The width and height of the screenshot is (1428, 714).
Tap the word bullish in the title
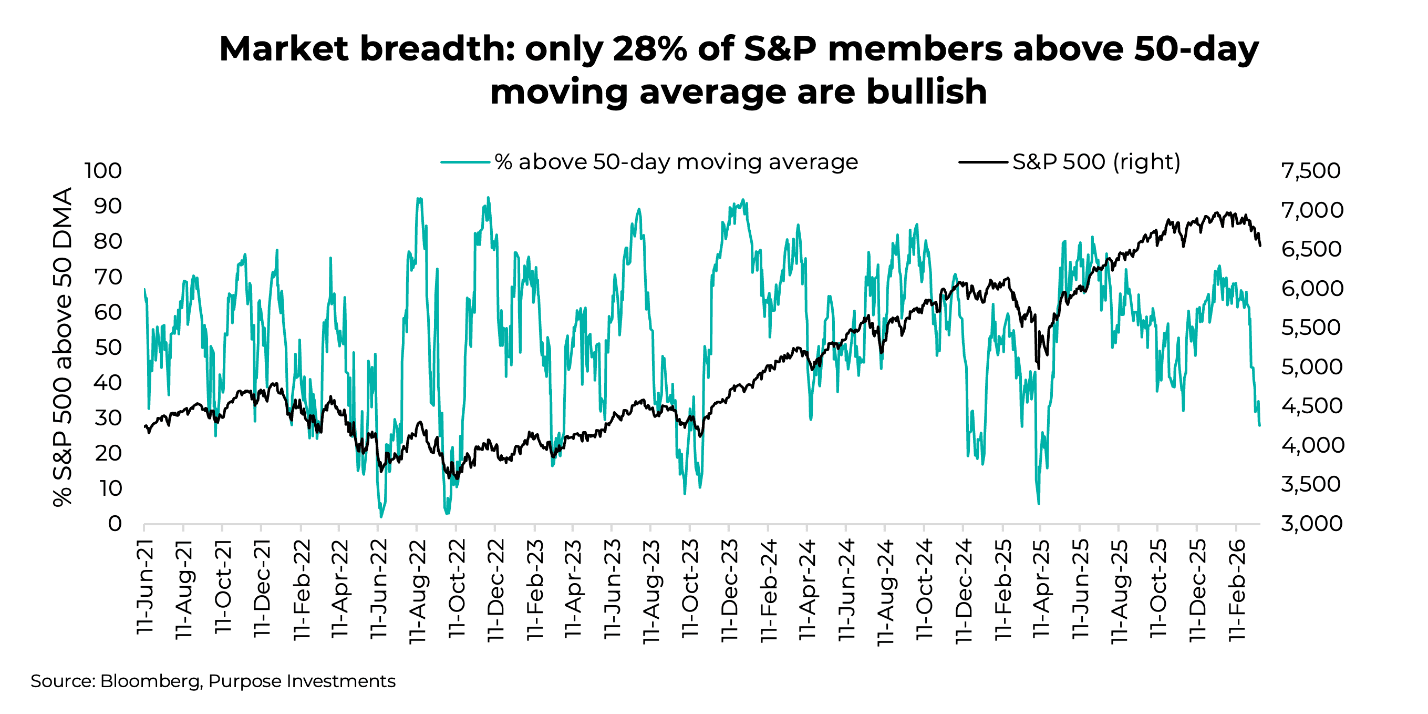point(926,91)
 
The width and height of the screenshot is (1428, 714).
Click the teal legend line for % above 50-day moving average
point(464,162)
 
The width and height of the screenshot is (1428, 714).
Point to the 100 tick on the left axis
point(103,171)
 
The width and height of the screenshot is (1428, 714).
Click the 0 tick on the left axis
point(115,523)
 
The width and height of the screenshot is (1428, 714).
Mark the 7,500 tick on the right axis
point(1310,171)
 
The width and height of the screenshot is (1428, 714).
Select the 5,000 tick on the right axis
point(1311,366)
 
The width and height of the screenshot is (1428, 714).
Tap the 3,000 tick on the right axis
point(1311,523)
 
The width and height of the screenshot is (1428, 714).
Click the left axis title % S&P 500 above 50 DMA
point(63,346)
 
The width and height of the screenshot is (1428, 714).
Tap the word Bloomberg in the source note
point(151,681)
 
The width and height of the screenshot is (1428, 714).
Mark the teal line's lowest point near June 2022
point(381,516)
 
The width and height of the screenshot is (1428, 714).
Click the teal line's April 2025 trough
point(1038,503)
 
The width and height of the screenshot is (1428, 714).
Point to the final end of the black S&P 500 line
point(1260,245)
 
